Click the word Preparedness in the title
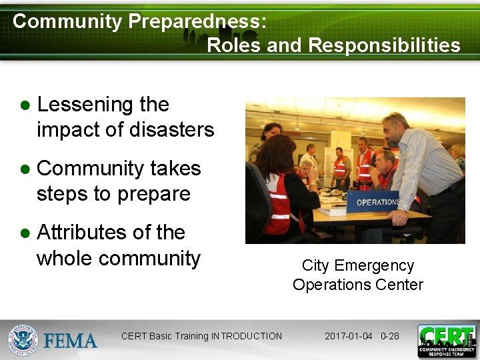coord(197,21)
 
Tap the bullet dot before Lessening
coord(25,106)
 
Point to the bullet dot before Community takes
coord(25,170)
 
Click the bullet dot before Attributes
coord(25,234)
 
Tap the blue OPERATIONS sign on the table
coord(377,201)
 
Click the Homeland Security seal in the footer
coord(23,340)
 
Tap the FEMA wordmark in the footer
coord(71,341)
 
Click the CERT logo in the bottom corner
coord(447,341)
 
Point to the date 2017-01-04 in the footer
coord(348,336)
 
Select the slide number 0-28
coord(389,336)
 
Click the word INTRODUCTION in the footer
coord(246,336)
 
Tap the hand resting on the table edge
coord(402,217)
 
